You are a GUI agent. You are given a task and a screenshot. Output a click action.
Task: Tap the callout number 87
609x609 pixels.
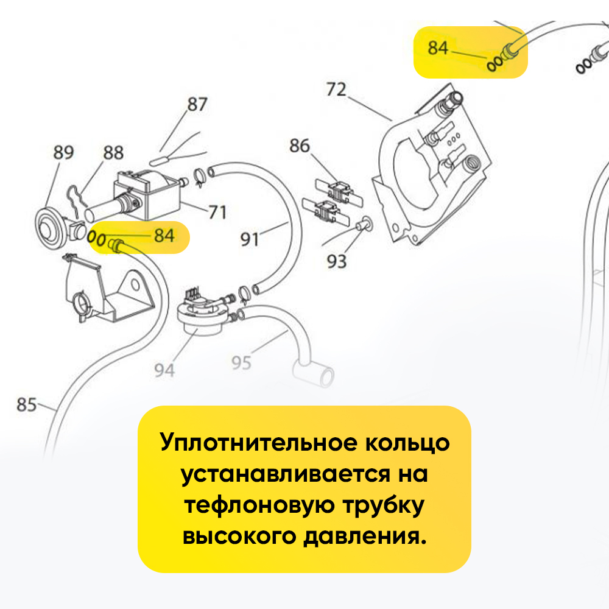pyautogui.click(x=197, y=104)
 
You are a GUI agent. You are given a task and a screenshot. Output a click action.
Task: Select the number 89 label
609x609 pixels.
pyautogui.click(x=63, y=152)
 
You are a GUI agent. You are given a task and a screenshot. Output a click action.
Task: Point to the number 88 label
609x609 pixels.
pyautogui.click(x=113, y=152)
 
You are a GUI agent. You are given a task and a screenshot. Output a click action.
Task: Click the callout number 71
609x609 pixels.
pyautogui.click(x=217, y=212)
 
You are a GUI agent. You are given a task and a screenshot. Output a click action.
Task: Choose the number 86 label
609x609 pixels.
pyautogui.click(x=300, y=146)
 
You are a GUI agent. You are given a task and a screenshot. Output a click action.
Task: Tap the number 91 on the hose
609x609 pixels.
pyautogui.click(x=250, y=239)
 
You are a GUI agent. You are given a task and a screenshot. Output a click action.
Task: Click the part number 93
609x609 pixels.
pyautogui.click(x=336, y=261)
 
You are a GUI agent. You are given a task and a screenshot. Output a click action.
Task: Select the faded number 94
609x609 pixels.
pyautogui.click(x=164, y=369)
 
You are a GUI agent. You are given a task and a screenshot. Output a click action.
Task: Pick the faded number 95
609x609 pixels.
pyautogui.click(x=241, y=363)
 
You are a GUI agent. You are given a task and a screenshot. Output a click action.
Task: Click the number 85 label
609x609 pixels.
pyautogui.click(x=27, y=404)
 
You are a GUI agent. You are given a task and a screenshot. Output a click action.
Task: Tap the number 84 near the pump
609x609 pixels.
pyautogui.click(x=163, y=235)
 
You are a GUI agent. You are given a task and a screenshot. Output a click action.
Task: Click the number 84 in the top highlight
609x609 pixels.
pyautogui.click(x=438, y=48)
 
